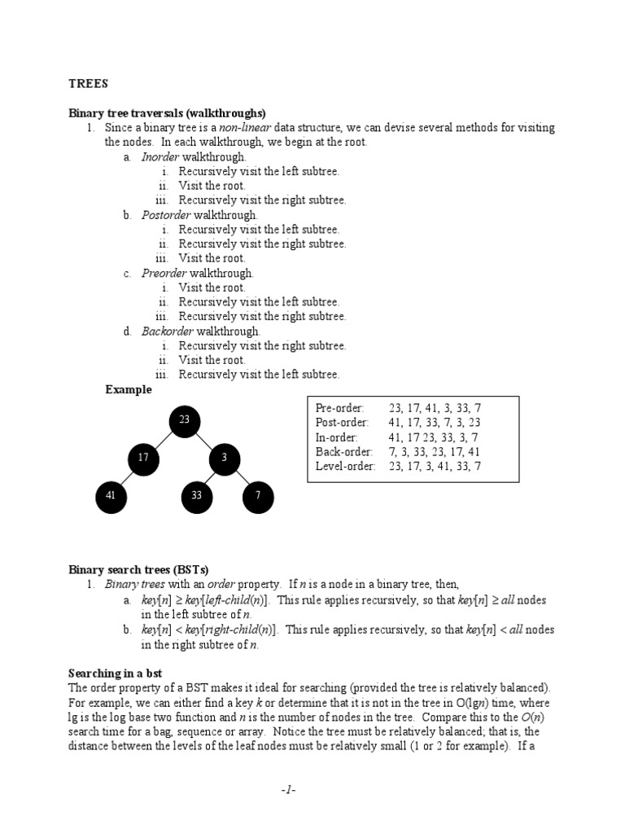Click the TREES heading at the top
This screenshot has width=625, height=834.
[88, 83]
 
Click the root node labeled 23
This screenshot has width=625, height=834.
[185, 420]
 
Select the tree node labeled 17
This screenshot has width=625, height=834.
[143, 459]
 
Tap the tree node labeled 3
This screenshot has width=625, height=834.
[225, 459]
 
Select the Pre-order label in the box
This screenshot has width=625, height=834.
[340, 408]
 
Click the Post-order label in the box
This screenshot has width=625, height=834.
[342, 423]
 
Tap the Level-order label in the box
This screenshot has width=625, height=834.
[345, 467]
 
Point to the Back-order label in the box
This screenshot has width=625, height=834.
[343, 452]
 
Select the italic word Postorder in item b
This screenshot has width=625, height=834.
[166, 215]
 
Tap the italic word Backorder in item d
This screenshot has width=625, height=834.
[167, 331]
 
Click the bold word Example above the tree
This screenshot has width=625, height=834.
[129, 390]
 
